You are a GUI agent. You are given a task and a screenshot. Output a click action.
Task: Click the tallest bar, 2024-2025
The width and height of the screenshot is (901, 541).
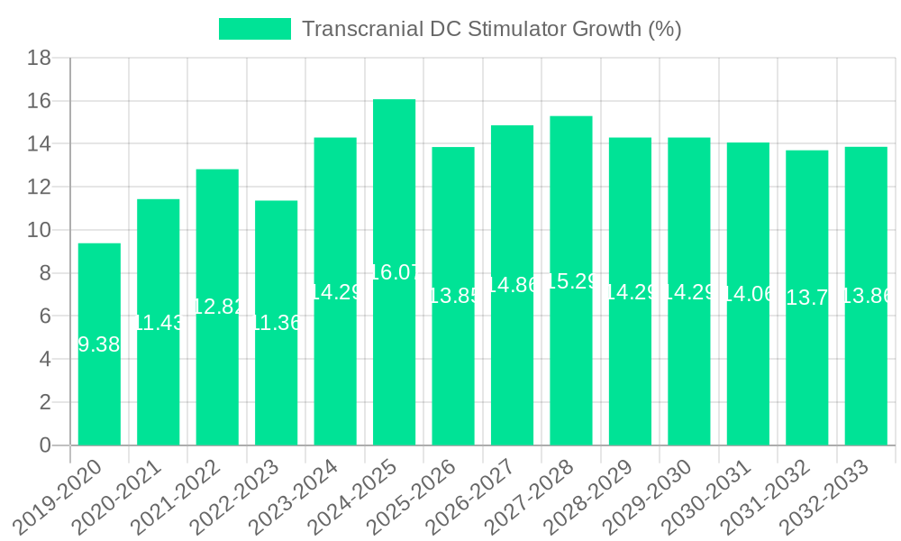[394, 361]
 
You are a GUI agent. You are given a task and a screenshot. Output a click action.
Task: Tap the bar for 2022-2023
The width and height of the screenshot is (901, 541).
[276, 379]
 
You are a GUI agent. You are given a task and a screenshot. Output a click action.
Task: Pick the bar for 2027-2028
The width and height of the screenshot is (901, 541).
[571, 361]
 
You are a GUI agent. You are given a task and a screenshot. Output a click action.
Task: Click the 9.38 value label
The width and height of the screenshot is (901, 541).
[99, 344]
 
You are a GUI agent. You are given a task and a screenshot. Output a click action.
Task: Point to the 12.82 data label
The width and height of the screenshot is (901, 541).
[218, 307]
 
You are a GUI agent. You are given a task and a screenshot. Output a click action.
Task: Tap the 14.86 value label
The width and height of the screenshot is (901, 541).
[513, 285]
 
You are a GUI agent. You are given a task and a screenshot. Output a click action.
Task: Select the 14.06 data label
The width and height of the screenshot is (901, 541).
[749, 293]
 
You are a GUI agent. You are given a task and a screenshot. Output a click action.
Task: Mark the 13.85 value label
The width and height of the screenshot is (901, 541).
[453, 296]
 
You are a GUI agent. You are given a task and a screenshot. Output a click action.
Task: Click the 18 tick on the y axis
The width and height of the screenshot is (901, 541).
[39, 59]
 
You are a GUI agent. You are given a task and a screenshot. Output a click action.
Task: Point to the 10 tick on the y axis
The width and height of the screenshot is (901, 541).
[39, 230]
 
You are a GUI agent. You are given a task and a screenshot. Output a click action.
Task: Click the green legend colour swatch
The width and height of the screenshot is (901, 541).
[255, 29]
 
